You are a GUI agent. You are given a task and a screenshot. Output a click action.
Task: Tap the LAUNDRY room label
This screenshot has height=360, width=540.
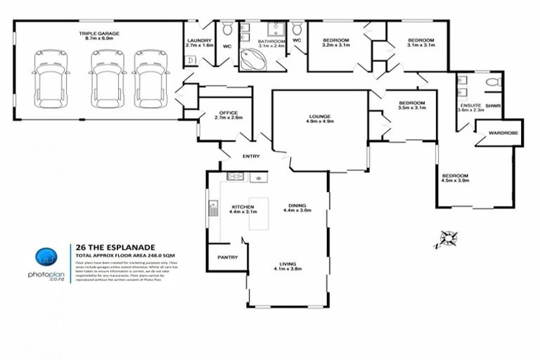pyautogui.click(x=198, y=40)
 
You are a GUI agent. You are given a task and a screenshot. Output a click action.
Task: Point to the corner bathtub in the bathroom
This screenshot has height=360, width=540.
pyautogui.click(x=251, y=60)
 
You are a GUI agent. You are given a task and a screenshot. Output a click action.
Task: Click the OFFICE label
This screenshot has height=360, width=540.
pyautogui.click(x=228, y=112)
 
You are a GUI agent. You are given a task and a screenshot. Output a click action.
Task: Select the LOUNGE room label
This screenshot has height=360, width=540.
pyautogui.click(x=319, y=116)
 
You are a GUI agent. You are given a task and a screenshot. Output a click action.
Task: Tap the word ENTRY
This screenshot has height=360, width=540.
pyautogui.click(x=250, y=156)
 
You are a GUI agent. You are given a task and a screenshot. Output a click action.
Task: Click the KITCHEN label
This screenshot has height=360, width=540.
pyautogui.click(x=243, y=206)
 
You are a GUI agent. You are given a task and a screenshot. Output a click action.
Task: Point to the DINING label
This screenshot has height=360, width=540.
pyautogui.click(x=296, y=205)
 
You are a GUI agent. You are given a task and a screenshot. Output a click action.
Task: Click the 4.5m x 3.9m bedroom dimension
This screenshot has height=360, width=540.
pyautogui.click(x=455, y=181)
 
